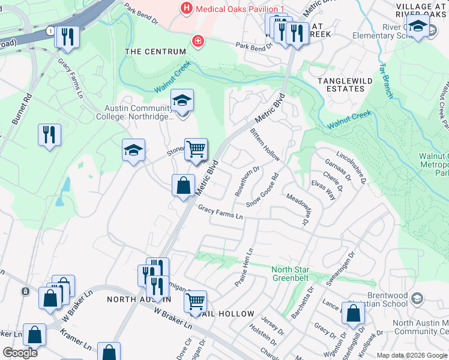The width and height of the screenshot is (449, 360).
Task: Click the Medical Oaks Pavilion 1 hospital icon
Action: coord(187,8)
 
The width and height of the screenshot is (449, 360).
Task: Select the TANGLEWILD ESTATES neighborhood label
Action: coord(345,85)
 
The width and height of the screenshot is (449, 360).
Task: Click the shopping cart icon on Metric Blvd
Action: coord(196,148)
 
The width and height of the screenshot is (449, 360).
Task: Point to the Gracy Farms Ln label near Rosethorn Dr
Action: coord(221,211)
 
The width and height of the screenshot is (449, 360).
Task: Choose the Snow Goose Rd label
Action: coord(267,188)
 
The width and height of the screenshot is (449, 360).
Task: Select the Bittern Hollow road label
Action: coord(265,144)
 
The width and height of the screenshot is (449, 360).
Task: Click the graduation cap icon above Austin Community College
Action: coord(182,101)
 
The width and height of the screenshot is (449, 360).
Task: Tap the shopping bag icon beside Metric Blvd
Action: coord(183,185)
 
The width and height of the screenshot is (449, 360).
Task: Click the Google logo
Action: coord(20,352)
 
